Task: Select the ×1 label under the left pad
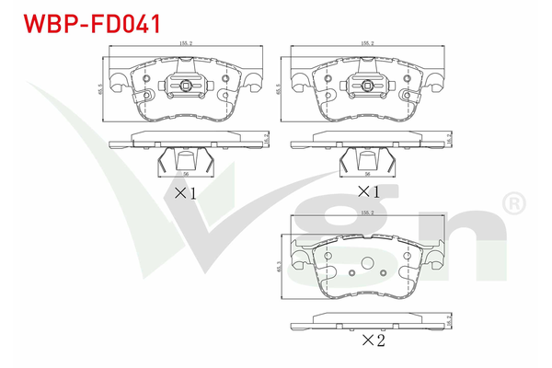coord(186,193)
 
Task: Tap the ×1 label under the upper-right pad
coord(368,193)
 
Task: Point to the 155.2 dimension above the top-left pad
coord(187,43)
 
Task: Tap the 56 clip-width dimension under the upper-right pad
coord(367,174)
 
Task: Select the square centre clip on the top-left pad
coord(187,88)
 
